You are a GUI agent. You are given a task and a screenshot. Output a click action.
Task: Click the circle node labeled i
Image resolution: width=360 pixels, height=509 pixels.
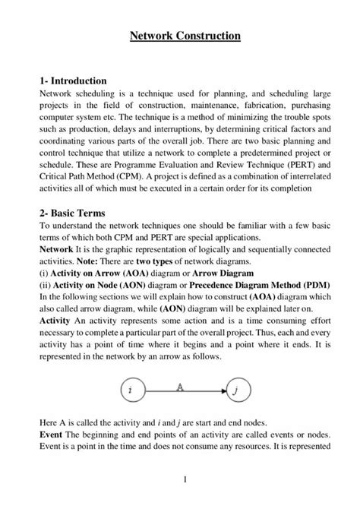131,390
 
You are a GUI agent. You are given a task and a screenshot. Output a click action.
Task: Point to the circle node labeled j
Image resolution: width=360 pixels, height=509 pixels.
237,390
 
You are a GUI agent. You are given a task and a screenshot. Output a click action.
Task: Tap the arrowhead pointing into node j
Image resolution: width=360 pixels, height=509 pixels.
223,391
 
